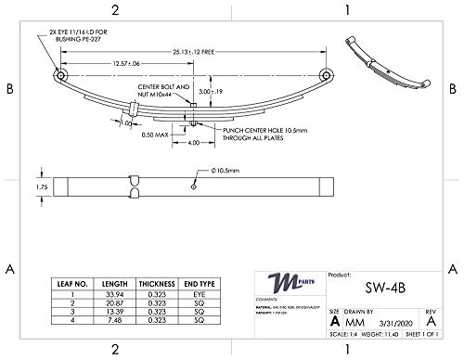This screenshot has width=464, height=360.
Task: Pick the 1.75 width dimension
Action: [x=40, y=186]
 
